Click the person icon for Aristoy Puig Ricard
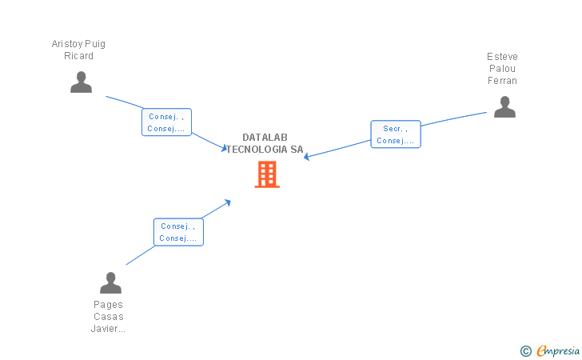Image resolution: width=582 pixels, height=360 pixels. tap(81, 82)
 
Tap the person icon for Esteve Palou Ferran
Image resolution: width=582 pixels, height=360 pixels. tap(504, 107)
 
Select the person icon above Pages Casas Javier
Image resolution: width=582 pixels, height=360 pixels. tap(110, 282)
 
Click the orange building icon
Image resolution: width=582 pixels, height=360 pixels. tap(267, 174)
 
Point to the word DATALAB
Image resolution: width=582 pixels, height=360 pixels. tap(265, 138)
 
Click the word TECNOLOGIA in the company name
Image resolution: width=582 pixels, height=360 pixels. tap(257, 150)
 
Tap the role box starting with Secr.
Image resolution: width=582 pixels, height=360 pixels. tap(396, 134)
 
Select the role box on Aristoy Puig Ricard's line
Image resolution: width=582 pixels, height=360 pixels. tap(166, 122)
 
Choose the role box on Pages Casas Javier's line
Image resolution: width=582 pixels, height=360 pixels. tap(178, 232)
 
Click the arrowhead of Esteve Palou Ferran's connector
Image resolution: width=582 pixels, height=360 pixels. tap(307, 157)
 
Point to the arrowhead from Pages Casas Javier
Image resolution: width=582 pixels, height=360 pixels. tap(228, 202)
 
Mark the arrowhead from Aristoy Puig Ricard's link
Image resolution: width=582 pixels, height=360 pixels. tap(224, 148)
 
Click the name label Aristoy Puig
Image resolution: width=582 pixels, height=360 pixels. tap(78, 44)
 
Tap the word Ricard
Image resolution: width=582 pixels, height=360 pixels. tap(78, 56)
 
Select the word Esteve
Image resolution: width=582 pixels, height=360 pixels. tap(502, 57)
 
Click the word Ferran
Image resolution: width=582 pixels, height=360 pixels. tap(502, 81)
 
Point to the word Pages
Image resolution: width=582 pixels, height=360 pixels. tap(108, 305)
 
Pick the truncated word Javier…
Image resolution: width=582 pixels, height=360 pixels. tap(108, 329)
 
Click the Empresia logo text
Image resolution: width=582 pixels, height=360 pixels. tap(558, 350)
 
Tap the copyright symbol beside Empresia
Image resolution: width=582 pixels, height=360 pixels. tap(526, 351)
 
